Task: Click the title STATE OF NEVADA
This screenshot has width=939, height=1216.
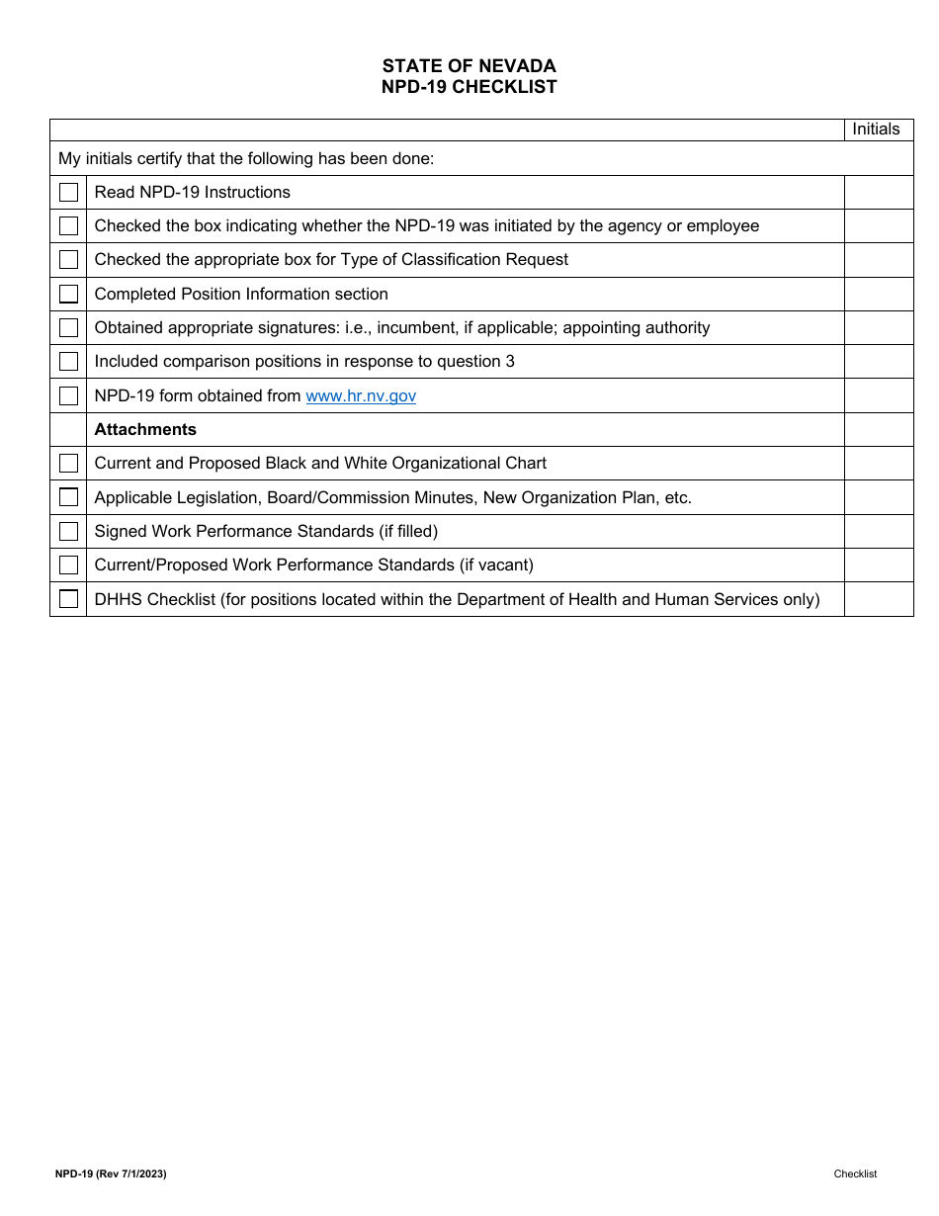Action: pos(469,66)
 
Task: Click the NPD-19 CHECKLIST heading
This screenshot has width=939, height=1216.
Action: pos(469,87)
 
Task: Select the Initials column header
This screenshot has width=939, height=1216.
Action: pos(876,130)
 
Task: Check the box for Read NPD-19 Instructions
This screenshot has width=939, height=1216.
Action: pos(68,193)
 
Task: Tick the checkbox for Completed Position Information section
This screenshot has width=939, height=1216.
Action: pos(68,294)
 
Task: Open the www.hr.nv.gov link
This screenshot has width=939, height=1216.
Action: pos(361,395)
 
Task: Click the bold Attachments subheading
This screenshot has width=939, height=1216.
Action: pos(145,429)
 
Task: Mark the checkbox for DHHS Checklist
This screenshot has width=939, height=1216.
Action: pos(68,599)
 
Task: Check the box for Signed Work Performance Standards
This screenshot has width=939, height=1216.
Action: pos(68,532)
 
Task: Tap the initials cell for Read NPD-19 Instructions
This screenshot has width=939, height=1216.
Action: pos(878,193)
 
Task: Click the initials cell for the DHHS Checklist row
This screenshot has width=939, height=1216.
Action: pos(878,599)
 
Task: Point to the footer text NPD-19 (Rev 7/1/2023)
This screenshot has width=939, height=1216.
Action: pos(111,1173)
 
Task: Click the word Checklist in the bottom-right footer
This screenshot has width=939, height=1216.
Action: pos(854,1173)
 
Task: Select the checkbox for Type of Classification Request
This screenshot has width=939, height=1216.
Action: pos(68,260)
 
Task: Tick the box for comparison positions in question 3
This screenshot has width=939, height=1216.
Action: pos(68,362)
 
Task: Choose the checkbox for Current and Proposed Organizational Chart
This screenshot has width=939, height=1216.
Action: pos(68,464)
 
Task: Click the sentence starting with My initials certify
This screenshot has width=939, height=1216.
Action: pos(246,158)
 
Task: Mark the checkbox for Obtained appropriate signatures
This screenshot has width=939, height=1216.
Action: pos(68,328)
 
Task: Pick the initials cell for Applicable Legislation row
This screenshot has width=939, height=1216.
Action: pos(878,497)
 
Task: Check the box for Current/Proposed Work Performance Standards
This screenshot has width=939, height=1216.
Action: pos(68,565)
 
